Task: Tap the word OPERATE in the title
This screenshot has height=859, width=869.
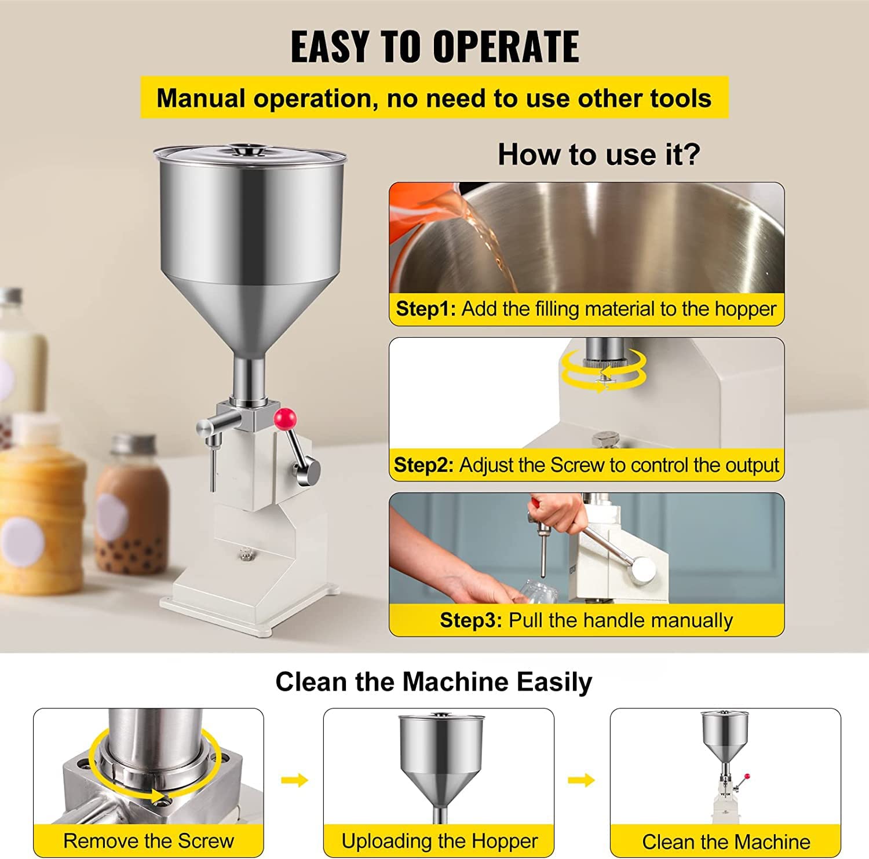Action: (x=505, y=47)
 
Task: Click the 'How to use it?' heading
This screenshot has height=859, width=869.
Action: (x=598, y=155)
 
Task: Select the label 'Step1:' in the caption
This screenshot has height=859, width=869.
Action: (x=426, y=309)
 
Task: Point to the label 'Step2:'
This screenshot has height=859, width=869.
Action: (x=423, y=465)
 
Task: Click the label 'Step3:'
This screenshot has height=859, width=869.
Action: (x=470, y=620)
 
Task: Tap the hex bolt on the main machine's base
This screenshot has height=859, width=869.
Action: (x=245, y=555)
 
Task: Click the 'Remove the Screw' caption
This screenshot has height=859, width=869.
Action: (x=148, y=840)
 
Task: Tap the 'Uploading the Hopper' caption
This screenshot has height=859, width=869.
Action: (x=439, y=840)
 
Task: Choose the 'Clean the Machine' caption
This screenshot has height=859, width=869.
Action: (x=725, y=841)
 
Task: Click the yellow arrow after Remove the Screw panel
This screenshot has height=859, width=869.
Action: (x=294, y=780)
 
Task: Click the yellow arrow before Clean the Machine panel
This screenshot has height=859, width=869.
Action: (x=581, y=780)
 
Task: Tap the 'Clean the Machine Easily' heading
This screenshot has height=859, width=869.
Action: (x=433, y=682)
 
